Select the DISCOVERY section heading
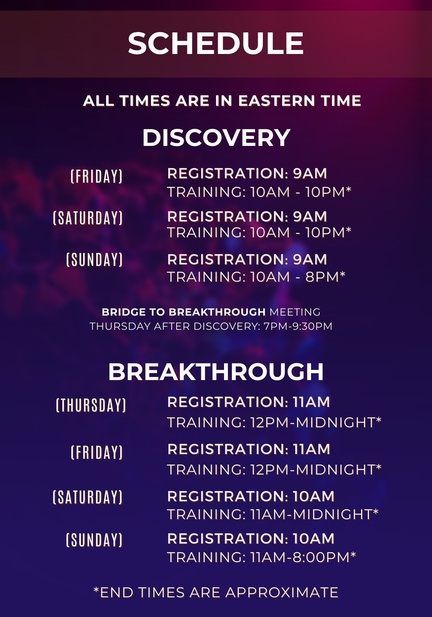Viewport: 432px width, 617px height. [216, 138]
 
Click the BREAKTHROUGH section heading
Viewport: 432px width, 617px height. [216, 372]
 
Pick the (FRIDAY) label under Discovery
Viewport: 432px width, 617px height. [97, 176]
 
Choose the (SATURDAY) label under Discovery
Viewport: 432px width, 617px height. [88, 218]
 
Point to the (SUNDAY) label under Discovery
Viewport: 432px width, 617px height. [95, 259]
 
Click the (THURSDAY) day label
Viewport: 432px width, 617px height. [91, 405]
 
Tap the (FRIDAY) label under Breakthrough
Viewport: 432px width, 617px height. [97, 452]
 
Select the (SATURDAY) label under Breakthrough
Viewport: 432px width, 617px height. [88, 497]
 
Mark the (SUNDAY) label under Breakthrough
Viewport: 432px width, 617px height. [95, 540]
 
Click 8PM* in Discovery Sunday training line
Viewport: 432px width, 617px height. [325, 277]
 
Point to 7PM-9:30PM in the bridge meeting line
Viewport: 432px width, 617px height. [298, 326]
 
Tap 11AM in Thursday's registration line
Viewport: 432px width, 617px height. [311, 402]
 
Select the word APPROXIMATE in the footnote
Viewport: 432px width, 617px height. [282, 592]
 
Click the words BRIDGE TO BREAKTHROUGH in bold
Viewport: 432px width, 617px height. [184, 312]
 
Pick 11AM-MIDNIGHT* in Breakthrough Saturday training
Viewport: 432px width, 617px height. [314, 514]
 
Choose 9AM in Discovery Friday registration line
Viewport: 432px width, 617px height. [310, 173]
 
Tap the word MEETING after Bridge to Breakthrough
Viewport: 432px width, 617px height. [295, 312]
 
